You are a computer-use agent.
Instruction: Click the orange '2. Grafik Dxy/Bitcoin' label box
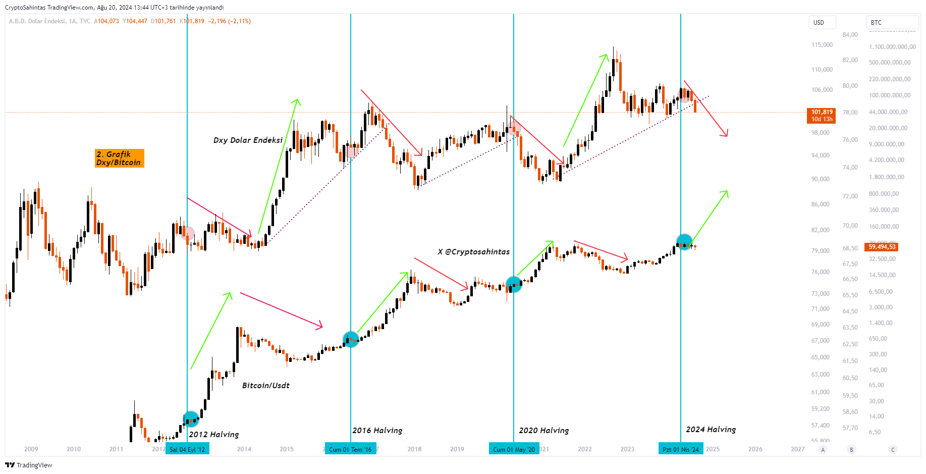pyautogui.click(x=120, y=158)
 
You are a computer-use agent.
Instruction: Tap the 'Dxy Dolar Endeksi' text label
pyautogui.click(x=248, y=140)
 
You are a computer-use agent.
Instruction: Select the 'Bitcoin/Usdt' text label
pyautogui.click(x=266, y=386)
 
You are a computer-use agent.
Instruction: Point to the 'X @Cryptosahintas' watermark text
pyautogui.click(x=473, y=252)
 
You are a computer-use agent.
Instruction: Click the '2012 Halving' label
pyautogui.click(x=214, y=435)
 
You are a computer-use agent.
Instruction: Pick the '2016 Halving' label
pyautogui.click(x=377, y=431)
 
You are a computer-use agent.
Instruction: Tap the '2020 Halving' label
pyautogui.click(x=544, y=431)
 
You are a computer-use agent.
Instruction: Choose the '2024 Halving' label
pyautogui.click(x=711, y=430)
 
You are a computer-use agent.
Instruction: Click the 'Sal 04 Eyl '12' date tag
pyautogui.click(x=187, y=449)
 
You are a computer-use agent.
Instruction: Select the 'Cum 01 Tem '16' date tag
pyautogui.click(x=350, y=449)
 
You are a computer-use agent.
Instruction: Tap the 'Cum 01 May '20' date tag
pyautogui.click(x=514, y=449)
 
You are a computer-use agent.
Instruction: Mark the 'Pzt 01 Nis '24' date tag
pyautogui.click(x=680, y=449)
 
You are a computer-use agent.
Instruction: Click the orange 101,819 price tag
pyautogui.click(x=822, y=116)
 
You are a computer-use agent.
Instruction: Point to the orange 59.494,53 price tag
pyautogui.click(x=882, y=247)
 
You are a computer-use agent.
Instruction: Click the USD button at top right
pyautogui.click(x=822, y=23)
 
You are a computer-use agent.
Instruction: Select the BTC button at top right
pyautogui.click(x=892, y=23)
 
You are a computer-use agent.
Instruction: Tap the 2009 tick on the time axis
pyautogui.click(x=31, y=449)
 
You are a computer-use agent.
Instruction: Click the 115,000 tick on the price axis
pyautogui.click(x=822, y=45)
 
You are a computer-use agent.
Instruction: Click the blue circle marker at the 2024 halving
pyautogui.click(x=684, y=242)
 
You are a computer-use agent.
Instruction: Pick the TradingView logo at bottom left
pyautogui.click(x=29, y=465)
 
